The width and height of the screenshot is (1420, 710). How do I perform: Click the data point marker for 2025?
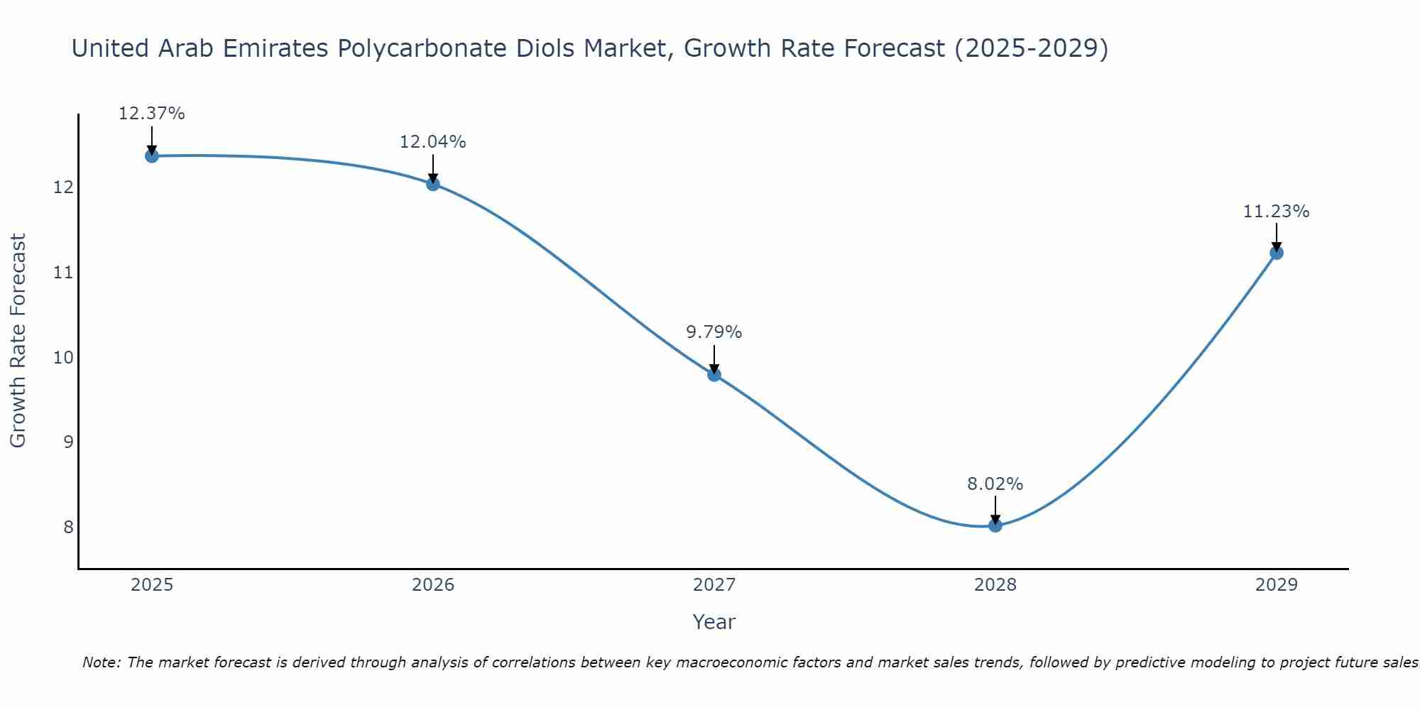pos(152,155)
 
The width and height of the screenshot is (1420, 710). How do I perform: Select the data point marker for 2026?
pos(433,184)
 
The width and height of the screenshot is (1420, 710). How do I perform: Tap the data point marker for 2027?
pos(714,374)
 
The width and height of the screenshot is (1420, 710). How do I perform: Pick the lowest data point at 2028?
pos(995,525)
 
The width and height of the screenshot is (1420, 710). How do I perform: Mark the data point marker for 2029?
pos(1277,252)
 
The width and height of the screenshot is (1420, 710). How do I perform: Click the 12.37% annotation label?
pos(152,114)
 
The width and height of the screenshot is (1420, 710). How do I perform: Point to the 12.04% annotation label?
pos(433,142)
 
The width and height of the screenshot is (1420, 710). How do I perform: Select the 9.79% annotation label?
pos(714,332)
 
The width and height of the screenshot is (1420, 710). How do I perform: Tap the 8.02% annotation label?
pos(995,484)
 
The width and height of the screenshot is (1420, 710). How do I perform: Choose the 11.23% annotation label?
pos(1277,212)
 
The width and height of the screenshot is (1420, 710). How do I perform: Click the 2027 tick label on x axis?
pos(714,585)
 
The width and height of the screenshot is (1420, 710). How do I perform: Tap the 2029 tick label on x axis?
pos(1277,585)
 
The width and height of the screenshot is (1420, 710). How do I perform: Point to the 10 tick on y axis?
pos(64,357)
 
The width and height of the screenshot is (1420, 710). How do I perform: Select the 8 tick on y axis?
pos(68,527)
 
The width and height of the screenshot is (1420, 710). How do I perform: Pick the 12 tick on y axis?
pos(64,187)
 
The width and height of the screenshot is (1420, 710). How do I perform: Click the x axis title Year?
pos(714,622)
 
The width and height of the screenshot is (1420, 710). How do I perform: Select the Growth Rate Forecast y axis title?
pos(18,341)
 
